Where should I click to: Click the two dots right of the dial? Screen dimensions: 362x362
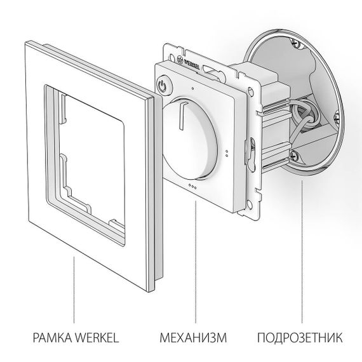(227, 152)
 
